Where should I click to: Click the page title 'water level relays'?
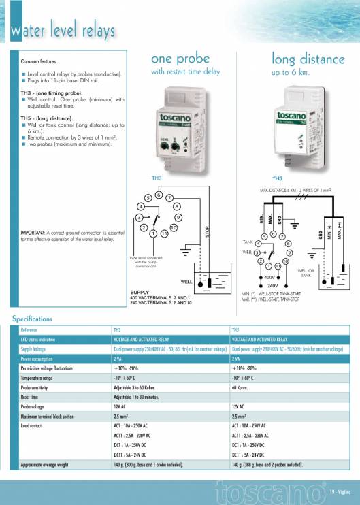click(x=62, y=31)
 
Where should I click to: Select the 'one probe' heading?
click(x=180, y=59)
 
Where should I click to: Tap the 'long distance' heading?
click(x=306, y=59)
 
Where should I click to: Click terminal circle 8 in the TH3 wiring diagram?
click(x=176, y=206)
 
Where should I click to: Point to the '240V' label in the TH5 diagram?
click(x=272, y=285)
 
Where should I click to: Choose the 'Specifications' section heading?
click(x=32, y=319)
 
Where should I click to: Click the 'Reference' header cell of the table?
click(x=29, y=329)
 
